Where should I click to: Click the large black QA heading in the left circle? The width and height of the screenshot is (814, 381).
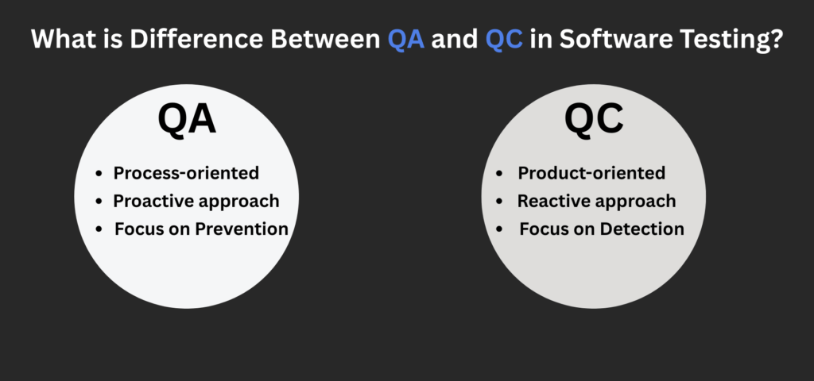(187, 121)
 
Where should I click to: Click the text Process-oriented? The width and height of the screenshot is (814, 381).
(186, 173)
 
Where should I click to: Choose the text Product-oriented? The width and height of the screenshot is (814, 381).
(591, 173)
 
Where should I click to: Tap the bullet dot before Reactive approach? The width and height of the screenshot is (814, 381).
(499, 202)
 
